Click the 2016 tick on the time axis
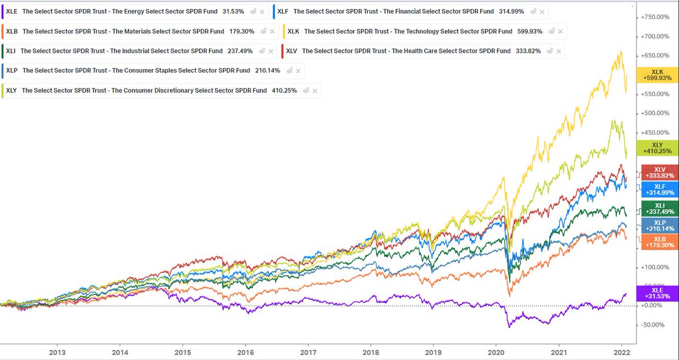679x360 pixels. coord(245,352)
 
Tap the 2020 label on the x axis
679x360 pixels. coord(496,352)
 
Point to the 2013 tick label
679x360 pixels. coord(57,352)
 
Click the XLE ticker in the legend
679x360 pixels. coord(12,11)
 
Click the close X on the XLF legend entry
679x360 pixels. coord(542,12)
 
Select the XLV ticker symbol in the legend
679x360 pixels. coord(291,51)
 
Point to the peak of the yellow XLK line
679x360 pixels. coord(621,52)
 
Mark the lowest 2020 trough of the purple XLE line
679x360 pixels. coord(509,327)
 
